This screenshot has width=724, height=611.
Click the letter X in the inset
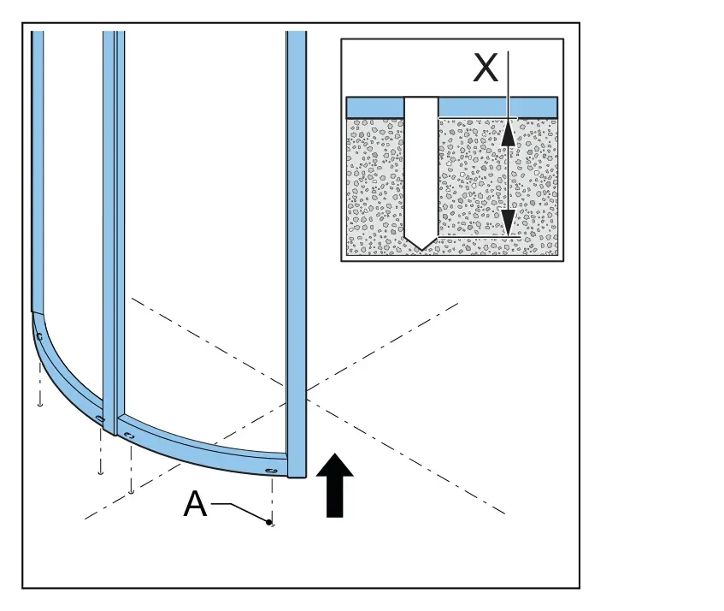point(486,68)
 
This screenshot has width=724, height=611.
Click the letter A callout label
point(195,503)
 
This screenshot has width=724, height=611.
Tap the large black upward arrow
point(335,485)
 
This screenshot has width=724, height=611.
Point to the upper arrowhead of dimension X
point(509,132)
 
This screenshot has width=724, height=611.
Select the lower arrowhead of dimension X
point(509,223)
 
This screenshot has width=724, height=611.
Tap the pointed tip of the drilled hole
point(421,251)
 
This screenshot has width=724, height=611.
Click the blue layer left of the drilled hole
point(375,108)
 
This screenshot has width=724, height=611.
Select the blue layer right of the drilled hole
point(497,108)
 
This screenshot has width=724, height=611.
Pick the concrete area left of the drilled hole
point(375,187)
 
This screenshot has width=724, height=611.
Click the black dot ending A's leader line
point(268,522)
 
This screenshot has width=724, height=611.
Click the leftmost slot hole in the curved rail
point(39,337)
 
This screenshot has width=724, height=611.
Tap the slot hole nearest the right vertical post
point(271,471)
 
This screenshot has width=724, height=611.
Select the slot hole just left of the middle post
point(100,418)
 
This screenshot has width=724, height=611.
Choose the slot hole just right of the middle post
point(129,436)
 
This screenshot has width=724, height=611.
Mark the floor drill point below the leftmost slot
point(40,405)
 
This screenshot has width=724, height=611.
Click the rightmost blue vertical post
point(296,254)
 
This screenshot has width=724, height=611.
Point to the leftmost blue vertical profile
point(38,172)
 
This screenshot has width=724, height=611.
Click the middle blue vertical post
point(114,231)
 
